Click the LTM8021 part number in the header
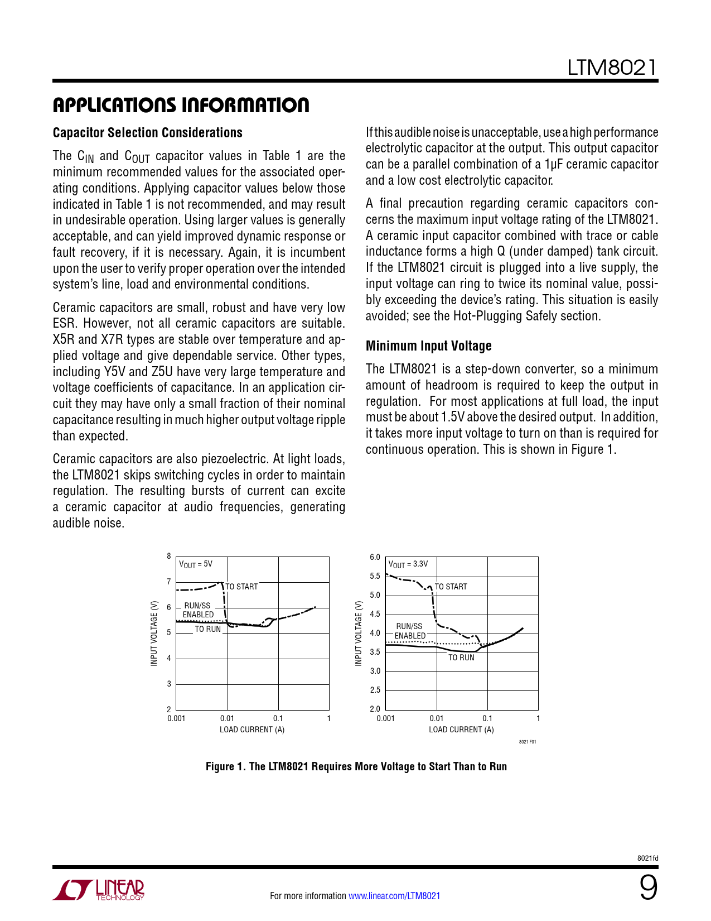pyautogui.click(x=612, y=68)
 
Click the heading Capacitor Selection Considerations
pyautogui.click(x=148, y=133)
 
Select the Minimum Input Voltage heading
pyautogui.click(x=428, y=346)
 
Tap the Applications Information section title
pyautogui.click(x=181, y=105)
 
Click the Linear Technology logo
pyautogui.click(x=99, y=890)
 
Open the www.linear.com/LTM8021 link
pyautogui.click(x=394, y=896)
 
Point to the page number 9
pyautogui.click(x=647, y=888)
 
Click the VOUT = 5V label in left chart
pyautogui.click(x=195, y=564)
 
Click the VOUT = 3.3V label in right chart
pyautogui.click(x=408, y=564)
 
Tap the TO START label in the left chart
pyautogui.click(x=241, y=587)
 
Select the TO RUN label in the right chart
pyautogui.click(x=461, y=658)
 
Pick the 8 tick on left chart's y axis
pyautogui.click(x=169, y=556)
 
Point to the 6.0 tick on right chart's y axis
pyautogui.click(x=375, y=557)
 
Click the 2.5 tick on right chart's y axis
pyautogui.click(x=375, y=690)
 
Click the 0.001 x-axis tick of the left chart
pyautogui.click(x=176, y=718)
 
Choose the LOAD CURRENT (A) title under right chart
pyautogui.click(x=461, y=730)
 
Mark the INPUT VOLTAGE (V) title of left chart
pyautogui.click(x=154, y=634)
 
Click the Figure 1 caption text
pyautogui.click(x=356, y=766)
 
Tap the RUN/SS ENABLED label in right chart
pyautogui.click(x=410, y=631)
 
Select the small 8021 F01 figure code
pyautogui.click(x=527, y=742)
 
